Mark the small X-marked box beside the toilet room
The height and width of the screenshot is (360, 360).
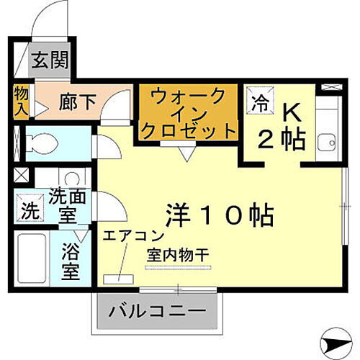coord(20,174)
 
